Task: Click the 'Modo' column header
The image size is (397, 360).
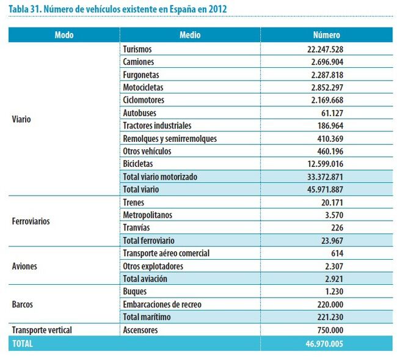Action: coord(64,35)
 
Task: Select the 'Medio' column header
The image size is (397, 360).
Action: coord(190,35)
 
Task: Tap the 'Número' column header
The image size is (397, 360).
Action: coord(326,35)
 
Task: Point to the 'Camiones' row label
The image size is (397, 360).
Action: coord(138,62)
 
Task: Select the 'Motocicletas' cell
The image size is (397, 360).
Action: coord(143,87)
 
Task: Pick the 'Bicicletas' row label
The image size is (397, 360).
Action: coord(138,164)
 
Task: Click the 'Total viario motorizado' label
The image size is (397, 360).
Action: coord(159,177)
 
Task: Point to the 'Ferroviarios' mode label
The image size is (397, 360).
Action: coord(31,221)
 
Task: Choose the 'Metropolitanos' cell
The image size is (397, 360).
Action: coord(148,215)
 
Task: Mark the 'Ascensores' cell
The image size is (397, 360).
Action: coord(140,330)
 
